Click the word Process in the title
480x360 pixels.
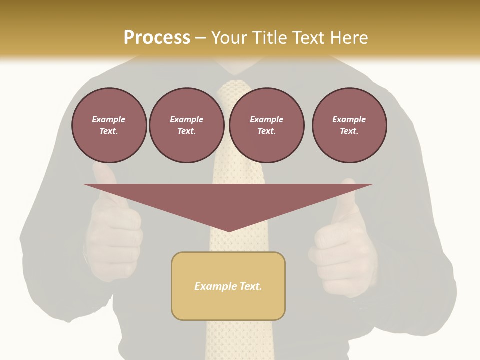pyautogui.click(x=157, y=38)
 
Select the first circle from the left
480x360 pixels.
pyautogui.click(x=109, y=125)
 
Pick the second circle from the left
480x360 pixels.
pyautogui.click(x=186, y=125)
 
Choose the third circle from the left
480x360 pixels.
pyautogui.click(x=266, y=125)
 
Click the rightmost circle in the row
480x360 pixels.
pyautogui.click(x=349, y=125)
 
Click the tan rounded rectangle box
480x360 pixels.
pyautogui.click(x=228, y=300)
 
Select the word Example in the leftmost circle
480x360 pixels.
pyautogui.click(x=109, y=119)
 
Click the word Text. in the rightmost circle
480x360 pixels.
pyautogui.click(x=349, y=131)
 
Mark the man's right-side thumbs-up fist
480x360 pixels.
pyautogui.click(x=344, y=250)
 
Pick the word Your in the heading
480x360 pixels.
pyautogui.click(x=231, y=38)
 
